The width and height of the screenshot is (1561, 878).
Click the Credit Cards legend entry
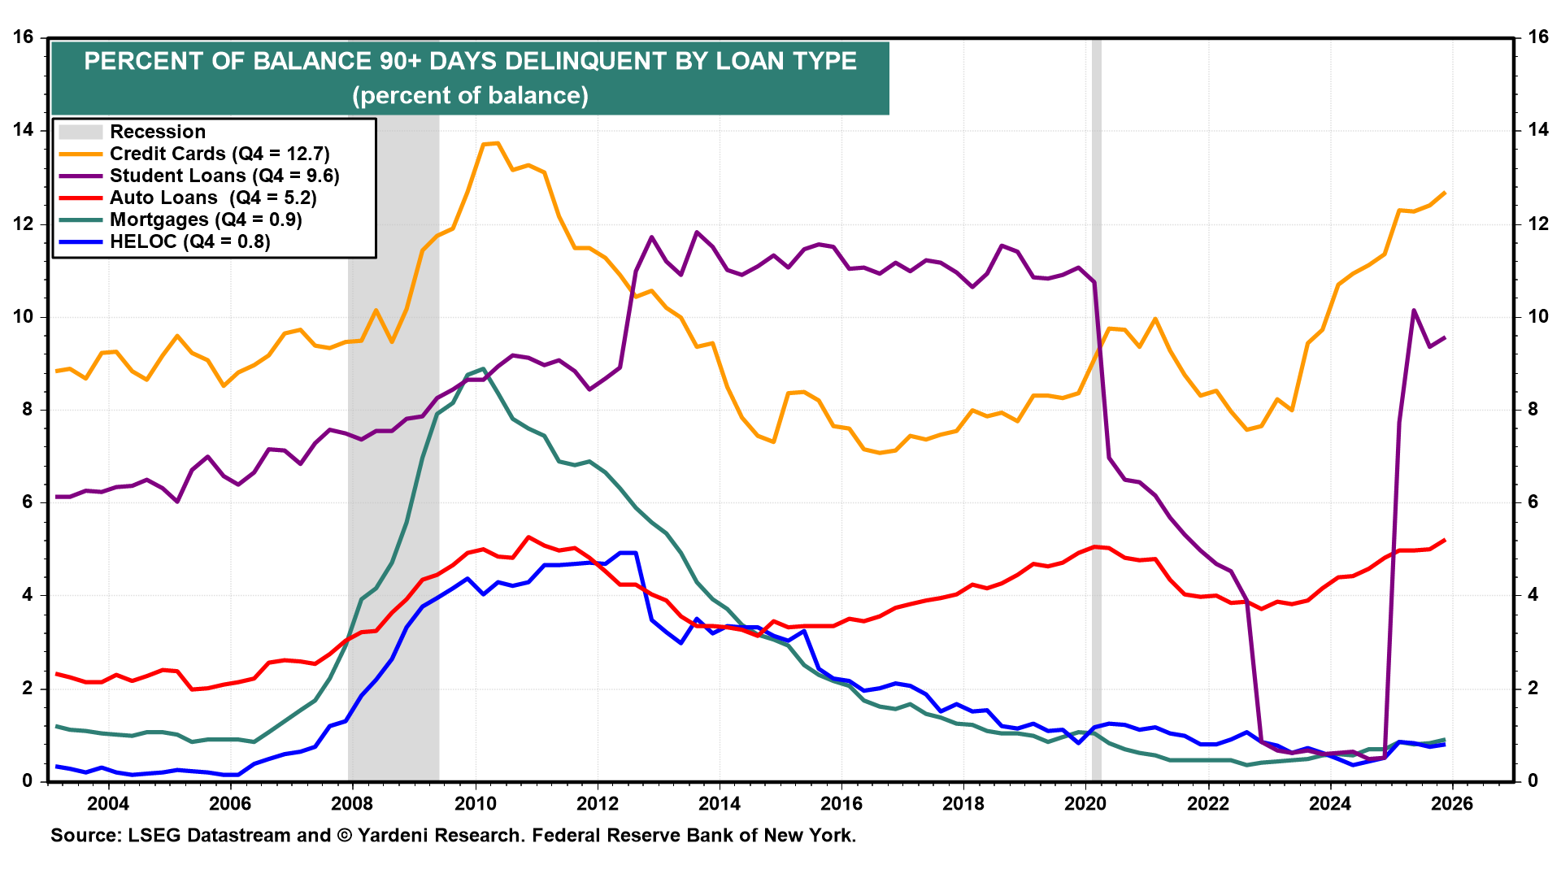pos(220,154)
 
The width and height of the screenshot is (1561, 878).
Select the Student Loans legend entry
pos(224,176)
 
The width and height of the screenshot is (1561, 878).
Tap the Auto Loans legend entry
pos(213,198)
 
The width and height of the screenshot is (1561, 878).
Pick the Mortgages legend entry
pos(206,219)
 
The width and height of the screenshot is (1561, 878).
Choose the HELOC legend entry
pos(189,241)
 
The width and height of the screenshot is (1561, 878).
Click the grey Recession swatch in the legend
pos(80,132)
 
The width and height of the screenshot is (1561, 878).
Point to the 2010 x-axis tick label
pos(475,804)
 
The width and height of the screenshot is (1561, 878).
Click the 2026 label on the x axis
pos(1452,804)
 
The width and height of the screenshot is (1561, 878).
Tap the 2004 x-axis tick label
pos(108,804)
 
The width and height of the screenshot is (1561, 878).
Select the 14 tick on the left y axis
pos(23,130)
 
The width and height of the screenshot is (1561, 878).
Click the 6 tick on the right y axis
pos(1533,502)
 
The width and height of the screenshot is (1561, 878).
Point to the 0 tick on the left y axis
pos(28,781)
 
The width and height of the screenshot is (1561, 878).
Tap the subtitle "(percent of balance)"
pos(470,96)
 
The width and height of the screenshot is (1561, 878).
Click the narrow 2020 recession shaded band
pos(1096,406)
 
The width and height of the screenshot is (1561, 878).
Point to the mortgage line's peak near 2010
pos(484,369)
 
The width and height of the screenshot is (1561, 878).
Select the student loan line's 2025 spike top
pos(1414,311)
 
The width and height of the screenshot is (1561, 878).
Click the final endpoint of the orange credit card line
pos(1445,193)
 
